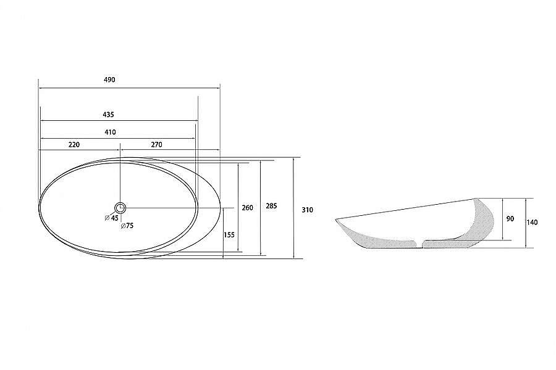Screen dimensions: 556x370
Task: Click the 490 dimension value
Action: click(109, 80)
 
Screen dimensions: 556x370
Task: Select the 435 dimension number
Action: click(108, 115)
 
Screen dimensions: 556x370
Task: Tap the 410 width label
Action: click(111, 133)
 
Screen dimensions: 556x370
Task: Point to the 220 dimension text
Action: click(74, 145)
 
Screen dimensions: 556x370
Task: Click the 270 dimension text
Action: click(156, 145)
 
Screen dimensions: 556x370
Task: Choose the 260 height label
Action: click(247, 208)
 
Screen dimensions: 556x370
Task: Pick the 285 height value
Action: click(271, 206)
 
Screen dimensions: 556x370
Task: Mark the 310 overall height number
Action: click(308, 210)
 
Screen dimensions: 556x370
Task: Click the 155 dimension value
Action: click(229, 235)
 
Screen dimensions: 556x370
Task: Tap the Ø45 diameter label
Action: click(111, 218)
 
